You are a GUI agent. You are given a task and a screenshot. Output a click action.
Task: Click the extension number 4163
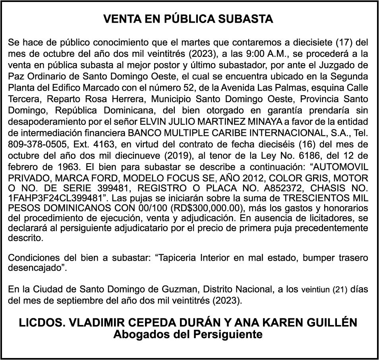tap(84, 144)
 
